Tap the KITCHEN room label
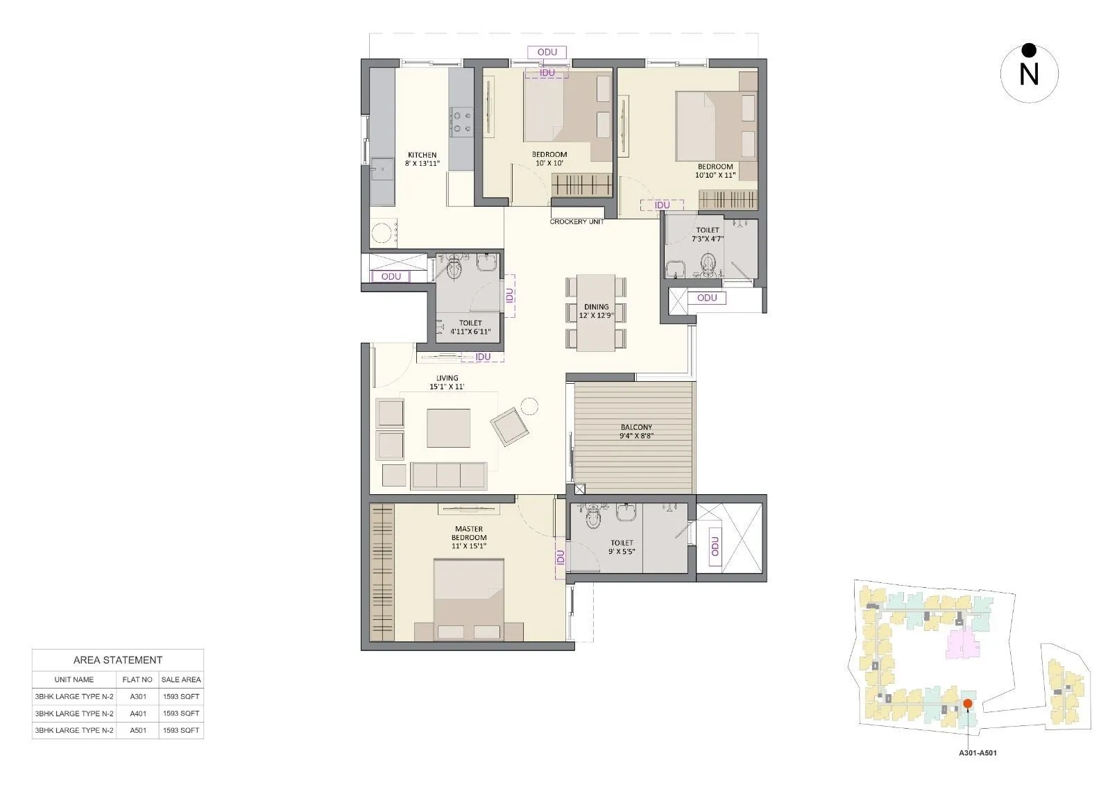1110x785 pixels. point(422,160)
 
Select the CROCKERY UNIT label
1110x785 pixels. point(577,221)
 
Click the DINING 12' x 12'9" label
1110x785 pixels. point(596,311)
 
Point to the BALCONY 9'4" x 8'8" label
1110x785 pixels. point(636,432)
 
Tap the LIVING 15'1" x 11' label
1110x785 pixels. point(447,382)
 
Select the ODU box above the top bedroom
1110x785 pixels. point(547,52)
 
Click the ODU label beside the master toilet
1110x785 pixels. point(715,546)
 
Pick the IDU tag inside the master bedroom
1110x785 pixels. point(560,557)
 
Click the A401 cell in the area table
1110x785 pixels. point(137,714)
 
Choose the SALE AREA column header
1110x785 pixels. point(181,680)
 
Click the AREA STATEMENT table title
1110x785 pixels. point(118,660)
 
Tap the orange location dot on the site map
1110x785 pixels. point(967,704)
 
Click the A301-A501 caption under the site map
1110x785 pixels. point(977,752)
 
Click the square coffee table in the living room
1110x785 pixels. point(449,428)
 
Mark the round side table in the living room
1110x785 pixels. point(529,406)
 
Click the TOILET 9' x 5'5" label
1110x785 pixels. point(622,548)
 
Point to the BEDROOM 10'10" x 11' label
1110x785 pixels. point(715,171)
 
